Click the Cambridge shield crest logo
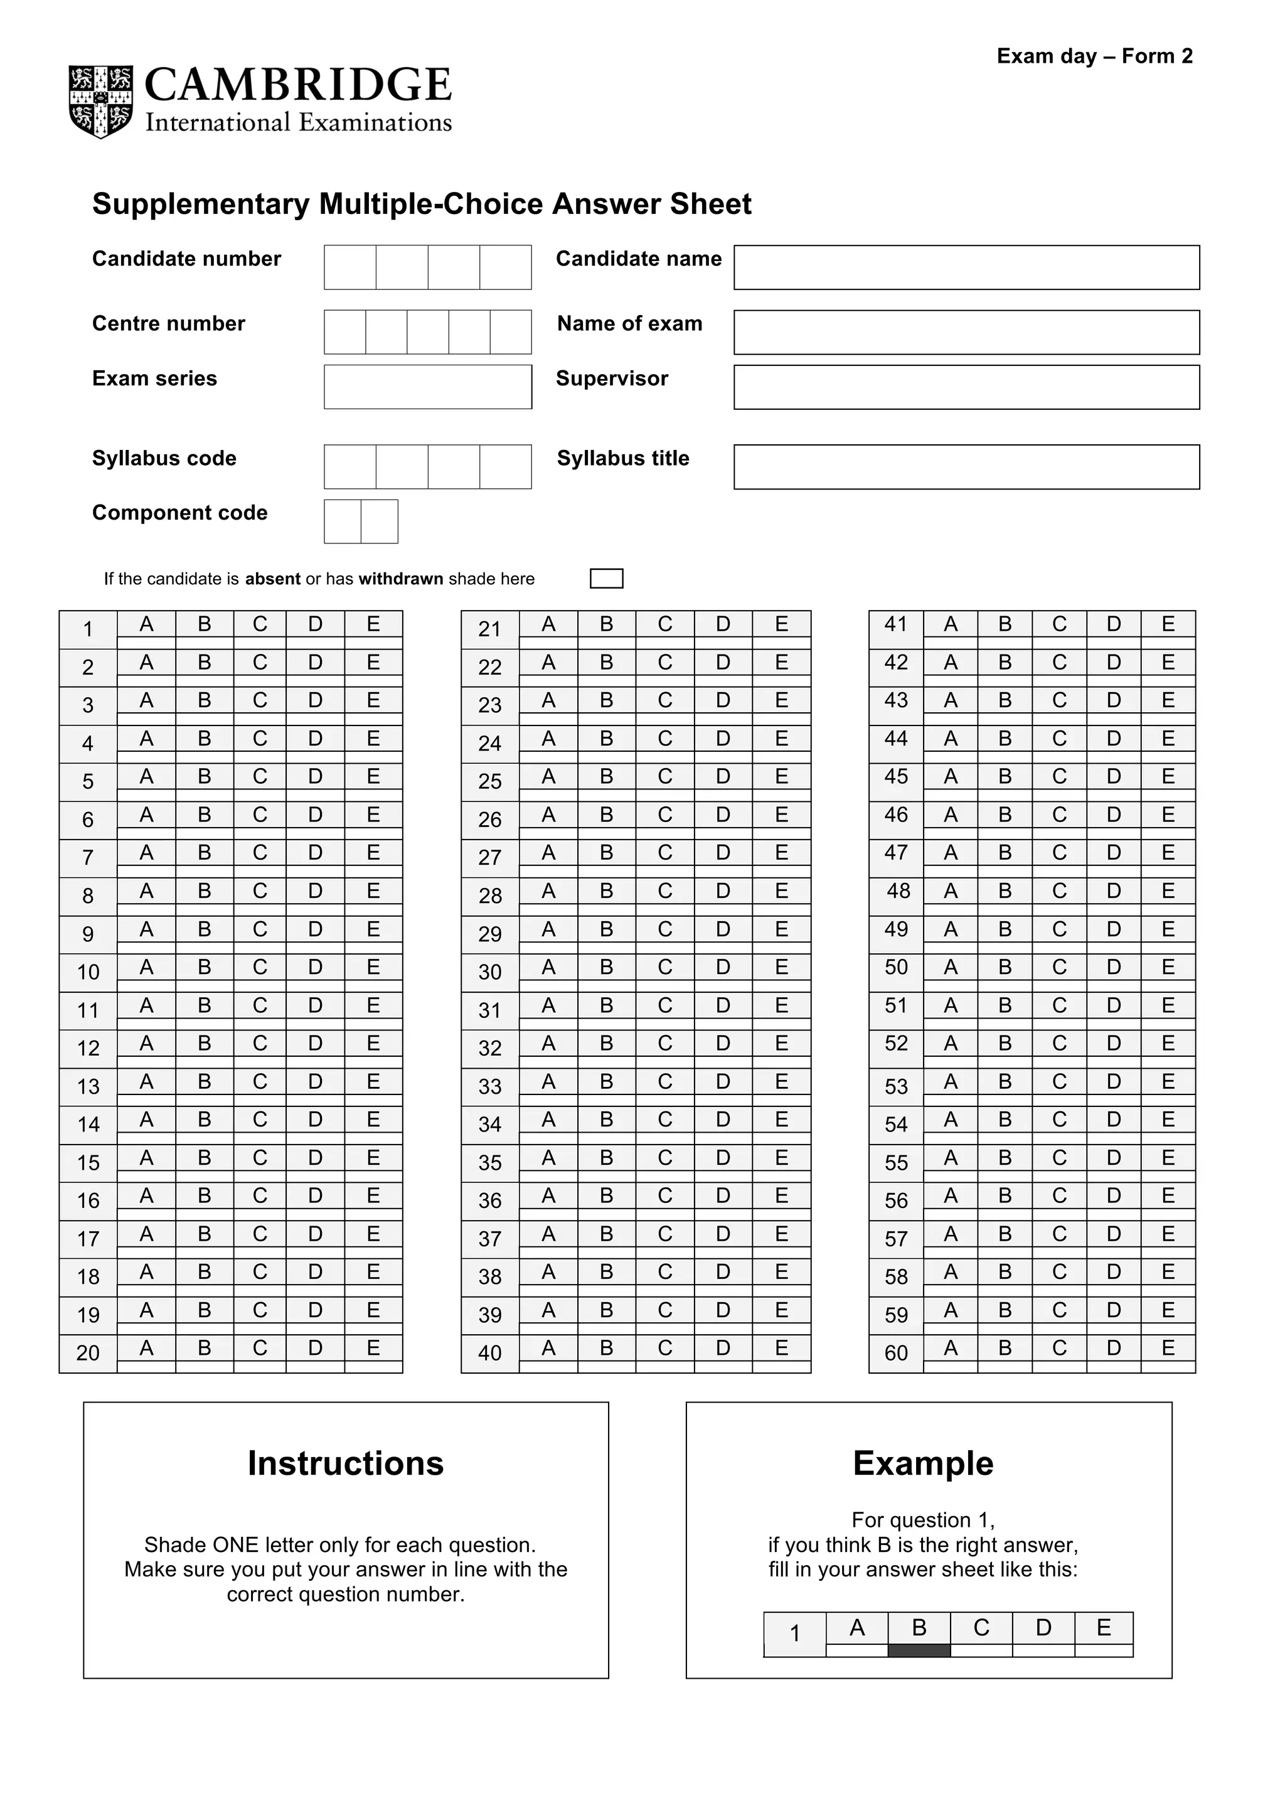pyautogui.click(x=100, y=102)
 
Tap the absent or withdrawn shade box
pyautogui.click(x=607, y=578)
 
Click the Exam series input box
pyautogui.click(x=427, y=387)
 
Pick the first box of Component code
pyautogui.click(x=342, y=521)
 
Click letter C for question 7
pyautogui.click(x=260, y=852)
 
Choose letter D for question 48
pyautogui.click(x=1113, y=890)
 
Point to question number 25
pyautogui.click(x=489, y=781)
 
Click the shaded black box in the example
pyautogui.click(x=919, y=1650)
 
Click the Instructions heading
pyautogui.click(x=345, y=1463)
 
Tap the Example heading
pyautogui.click(x=922, y=1463)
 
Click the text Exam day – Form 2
pyautogui.click(x=1094, y=56)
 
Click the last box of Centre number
pyautogui.click(x=510, y=332)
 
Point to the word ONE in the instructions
pyautogui.click(x=237, y=1545)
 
